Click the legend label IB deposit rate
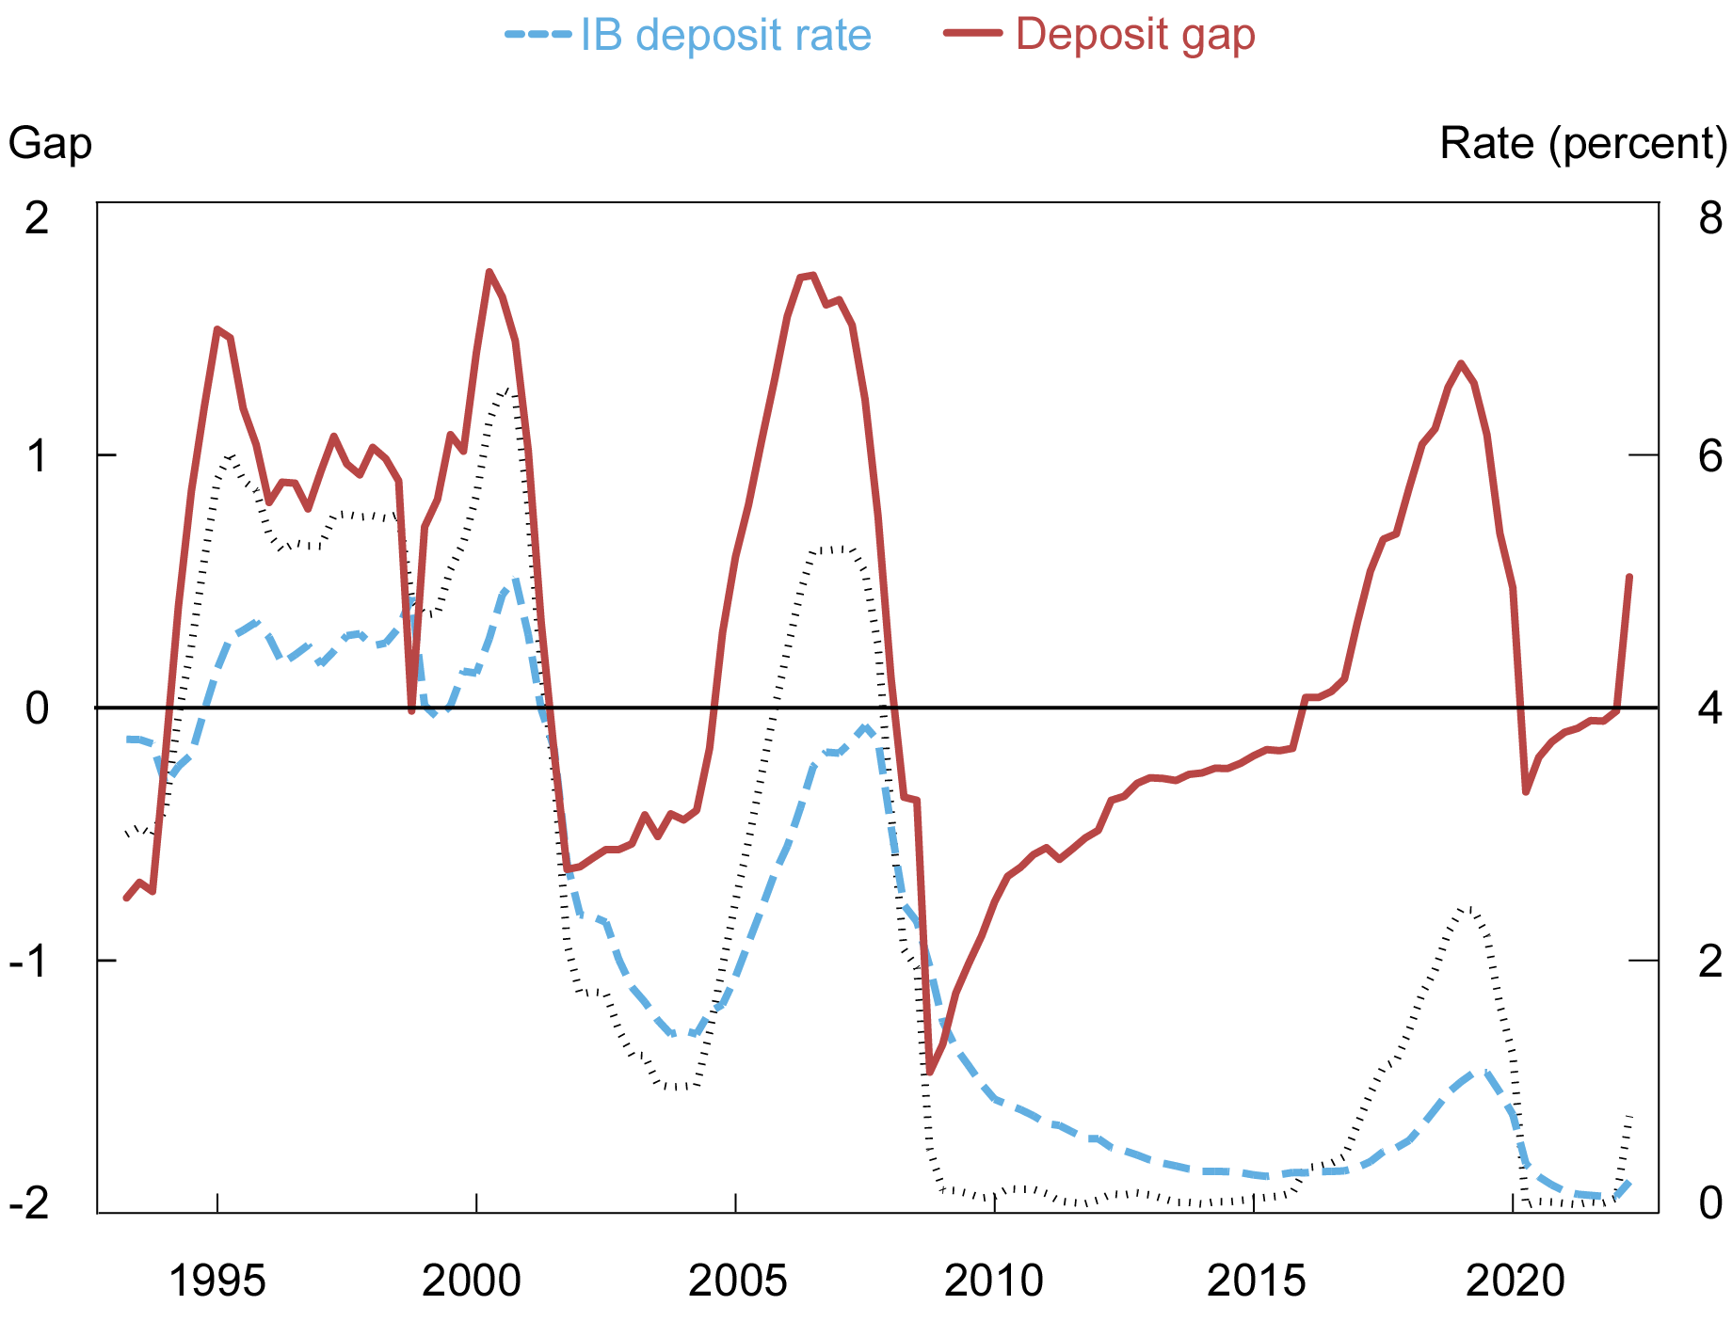click(x=725, y=36)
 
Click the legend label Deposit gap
click(x=1134, y=35)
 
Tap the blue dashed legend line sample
click(x=538, y=36)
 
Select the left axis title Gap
click(x=50, y=144)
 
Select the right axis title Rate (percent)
click(x=1583, y=144)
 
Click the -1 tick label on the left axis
click(x=30, y=960)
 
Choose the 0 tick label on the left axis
click(x=37, y=708)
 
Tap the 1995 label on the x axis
click(x=217, y=1281)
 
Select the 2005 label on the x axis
click(x=736, y=1281)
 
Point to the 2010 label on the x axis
click(x=994, y=1281)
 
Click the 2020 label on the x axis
click(x=1514, y=1281)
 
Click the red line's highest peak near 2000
click(x=489, y=272)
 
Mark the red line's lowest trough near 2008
click(x=929, y=1072)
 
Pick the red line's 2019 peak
click(x=1460, y=363)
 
